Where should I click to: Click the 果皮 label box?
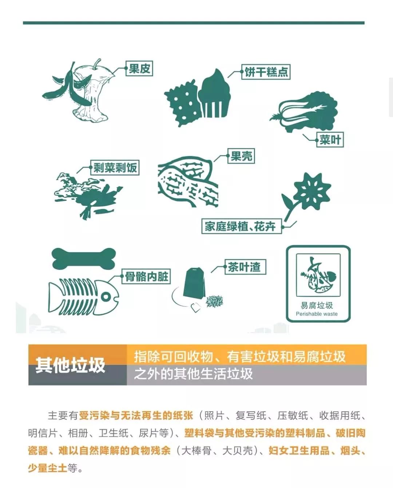[x=139, y=68]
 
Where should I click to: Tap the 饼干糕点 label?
[x=266, y=72]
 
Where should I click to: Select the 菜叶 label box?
[x=330, y=140]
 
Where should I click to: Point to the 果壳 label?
[x=241, y=156]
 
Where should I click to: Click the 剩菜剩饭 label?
[x=115, y=168]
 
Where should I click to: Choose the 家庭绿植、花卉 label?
[x=242, y=226]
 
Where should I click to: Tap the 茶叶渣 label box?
[x=245, y=267]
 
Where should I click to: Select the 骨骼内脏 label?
[x=146, y=277]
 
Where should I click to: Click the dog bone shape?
[x=84, y=258]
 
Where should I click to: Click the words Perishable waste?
[x=317, y=314]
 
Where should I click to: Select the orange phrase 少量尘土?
[x=47, y=468]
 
